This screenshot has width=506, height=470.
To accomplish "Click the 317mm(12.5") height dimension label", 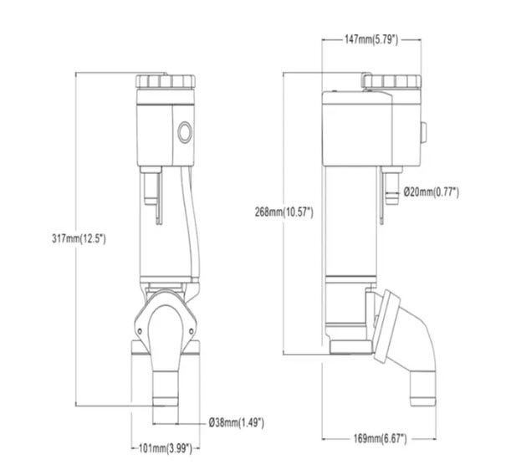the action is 79,239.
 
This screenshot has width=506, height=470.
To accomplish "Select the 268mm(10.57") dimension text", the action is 284,212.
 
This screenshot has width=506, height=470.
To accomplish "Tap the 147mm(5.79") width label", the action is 371,39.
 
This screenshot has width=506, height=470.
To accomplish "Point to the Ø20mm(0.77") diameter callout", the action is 431,192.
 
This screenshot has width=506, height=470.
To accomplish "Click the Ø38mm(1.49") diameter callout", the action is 236,422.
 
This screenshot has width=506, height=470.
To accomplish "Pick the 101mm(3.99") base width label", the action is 166,448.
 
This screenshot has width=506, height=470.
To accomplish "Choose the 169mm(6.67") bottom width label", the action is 381,439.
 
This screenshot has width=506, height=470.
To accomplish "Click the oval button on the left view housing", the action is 185,132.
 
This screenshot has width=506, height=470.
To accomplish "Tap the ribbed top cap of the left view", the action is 166,81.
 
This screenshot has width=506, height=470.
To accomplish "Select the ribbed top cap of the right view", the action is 391,81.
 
